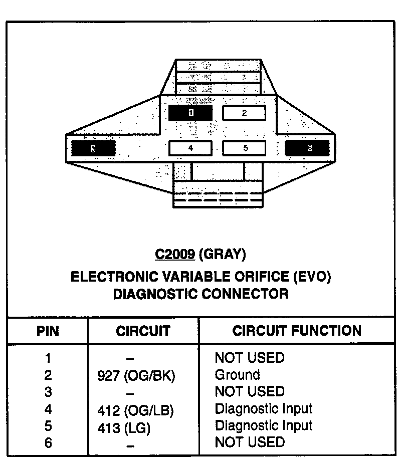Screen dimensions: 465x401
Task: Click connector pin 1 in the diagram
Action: [190, 113]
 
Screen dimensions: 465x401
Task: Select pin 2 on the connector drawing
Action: [244, 113]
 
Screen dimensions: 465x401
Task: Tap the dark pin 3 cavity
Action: [93, 148]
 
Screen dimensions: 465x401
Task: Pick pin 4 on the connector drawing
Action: [190, 148]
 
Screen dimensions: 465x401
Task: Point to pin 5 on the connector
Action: [245, 148]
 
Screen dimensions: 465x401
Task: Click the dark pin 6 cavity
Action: [307, 148]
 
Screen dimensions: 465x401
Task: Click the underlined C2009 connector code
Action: [174, 255]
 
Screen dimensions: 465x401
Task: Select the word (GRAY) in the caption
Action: [223, 255]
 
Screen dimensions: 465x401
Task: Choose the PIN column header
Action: [48, 331]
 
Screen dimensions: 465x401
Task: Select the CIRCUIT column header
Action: [143, 331]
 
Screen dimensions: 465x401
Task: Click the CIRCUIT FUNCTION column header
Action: [297, 331]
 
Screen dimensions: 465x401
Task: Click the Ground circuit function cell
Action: [237, 375]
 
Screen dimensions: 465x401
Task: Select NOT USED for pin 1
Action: [249, 358]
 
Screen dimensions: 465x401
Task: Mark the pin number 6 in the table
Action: [48, 443]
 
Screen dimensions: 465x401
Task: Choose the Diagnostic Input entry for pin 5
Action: [263, 425]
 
